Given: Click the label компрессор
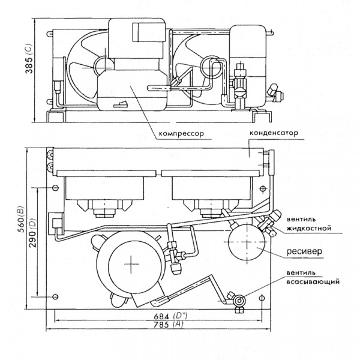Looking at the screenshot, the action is point(181,134).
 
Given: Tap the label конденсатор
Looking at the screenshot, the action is point(274,133).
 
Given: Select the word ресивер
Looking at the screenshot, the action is point(304,251).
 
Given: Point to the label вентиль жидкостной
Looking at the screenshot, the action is point(309,224).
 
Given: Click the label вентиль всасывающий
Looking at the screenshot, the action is point(313,277).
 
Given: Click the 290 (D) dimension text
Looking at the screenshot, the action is point(32,233).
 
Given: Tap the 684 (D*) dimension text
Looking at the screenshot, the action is point(170,316).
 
